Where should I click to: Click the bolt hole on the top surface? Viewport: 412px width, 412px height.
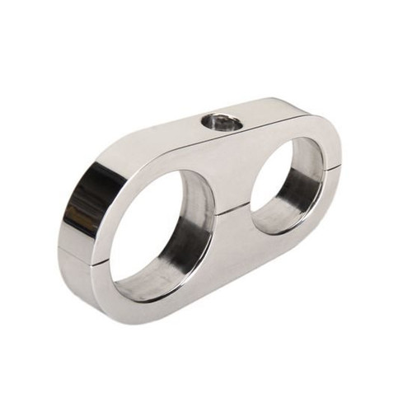[x=222, y=123]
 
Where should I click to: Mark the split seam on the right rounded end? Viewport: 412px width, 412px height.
[x=335, y=168]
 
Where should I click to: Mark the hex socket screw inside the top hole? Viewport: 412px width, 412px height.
[x=222, y=124]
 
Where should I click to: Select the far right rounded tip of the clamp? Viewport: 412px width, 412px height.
[x=338, y=157]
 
